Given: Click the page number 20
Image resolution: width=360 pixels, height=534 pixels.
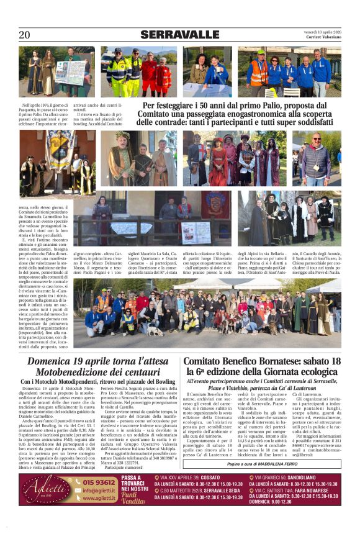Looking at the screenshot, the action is (x=24, y=35).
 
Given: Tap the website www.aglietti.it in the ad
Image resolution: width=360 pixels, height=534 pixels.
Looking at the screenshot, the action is (x=101, y=498).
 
